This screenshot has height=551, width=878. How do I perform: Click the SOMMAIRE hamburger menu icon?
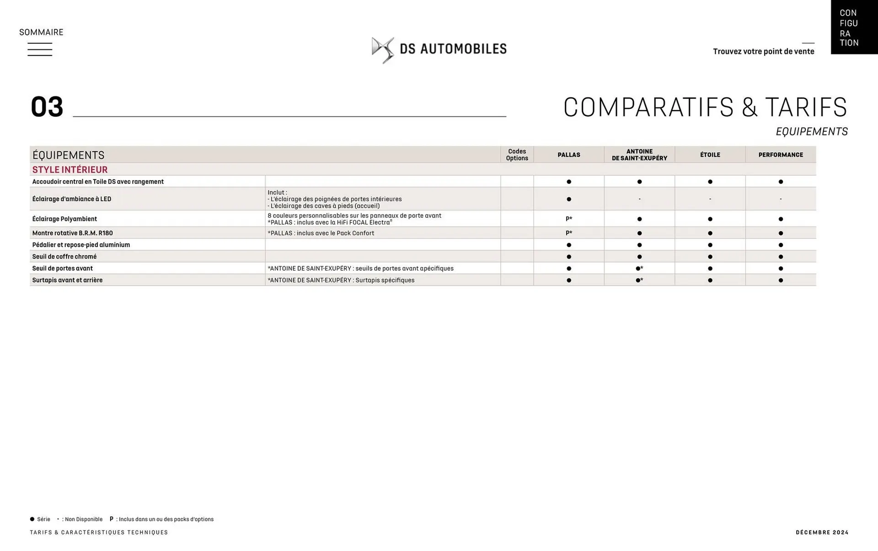point(40,49)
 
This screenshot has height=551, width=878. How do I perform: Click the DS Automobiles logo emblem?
point(382,50)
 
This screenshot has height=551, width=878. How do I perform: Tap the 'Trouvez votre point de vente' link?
point(763,51)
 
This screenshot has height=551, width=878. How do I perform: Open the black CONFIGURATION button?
point(854,27)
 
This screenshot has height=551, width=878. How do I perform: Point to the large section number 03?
point(47,107)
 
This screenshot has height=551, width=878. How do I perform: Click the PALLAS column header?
point(568,155)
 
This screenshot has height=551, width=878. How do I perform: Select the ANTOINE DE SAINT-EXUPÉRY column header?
point(639,155)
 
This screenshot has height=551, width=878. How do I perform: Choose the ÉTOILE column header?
point(710,155)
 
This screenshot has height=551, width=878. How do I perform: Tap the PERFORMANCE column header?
point(781,155)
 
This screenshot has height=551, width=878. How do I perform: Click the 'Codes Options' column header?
point(517,155)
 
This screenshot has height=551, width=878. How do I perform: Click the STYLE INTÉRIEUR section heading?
point(70,170)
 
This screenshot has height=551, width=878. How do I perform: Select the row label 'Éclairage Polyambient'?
point(64,219)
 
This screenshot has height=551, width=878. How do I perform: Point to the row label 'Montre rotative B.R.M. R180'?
point(72,233)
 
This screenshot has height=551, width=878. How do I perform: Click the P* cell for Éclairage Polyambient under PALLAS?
point(568,219)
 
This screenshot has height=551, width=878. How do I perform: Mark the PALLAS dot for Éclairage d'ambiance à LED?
point(568,199)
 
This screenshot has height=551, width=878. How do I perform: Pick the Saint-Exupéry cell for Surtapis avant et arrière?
point(639,280)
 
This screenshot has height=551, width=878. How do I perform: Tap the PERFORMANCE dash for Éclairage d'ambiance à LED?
point(781,199)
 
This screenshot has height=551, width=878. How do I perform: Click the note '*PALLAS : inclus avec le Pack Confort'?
point(321,233)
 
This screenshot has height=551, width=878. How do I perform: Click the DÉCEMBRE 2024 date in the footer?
point(822,532)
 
